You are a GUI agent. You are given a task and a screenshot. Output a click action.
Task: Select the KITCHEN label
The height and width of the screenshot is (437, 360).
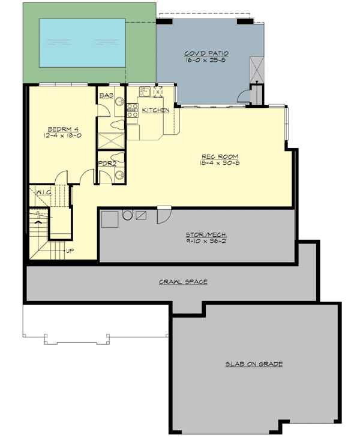click(156, 110)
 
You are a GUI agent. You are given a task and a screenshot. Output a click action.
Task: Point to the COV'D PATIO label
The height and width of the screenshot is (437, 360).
click(206, 54)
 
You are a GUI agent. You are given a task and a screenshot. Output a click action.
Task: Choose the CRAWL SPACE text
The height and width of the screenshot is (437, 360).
click(183, 281)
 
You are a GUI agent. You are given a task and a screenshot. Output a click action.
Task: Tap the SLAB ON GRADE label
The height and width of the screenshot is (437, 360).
click(254, 364)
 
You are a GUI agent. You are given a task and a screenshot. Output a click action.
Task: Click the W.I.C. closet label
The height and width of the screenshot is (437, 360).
click(42, 192)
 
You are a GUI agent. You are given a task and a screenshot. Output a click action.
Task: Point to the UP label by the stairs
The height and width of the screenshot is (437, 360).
click(70, 250)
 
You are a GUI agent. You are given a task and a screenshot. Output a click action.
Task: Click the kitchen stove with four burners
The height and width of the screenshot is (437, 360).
click(132, 109)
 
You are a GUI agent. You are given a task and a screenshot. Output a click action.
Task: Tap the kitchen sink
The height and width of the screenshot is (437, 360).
click(144, 91)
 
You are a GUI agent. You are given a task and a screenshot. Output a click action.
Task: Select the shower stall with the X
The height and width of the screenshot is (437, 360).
click(110, 140)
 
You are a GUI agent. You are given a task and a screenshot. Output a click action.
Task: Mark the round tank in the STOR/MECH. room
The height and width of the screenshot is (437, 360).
click(127, 215)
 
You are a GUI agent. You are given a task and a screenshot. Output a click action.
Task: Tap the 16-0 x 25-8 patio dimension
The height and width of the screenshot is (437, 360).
click(206, 61)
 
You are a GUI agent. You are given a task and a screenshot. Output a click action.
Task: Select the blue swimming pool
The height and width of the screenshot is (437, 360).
click(82, 43)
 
